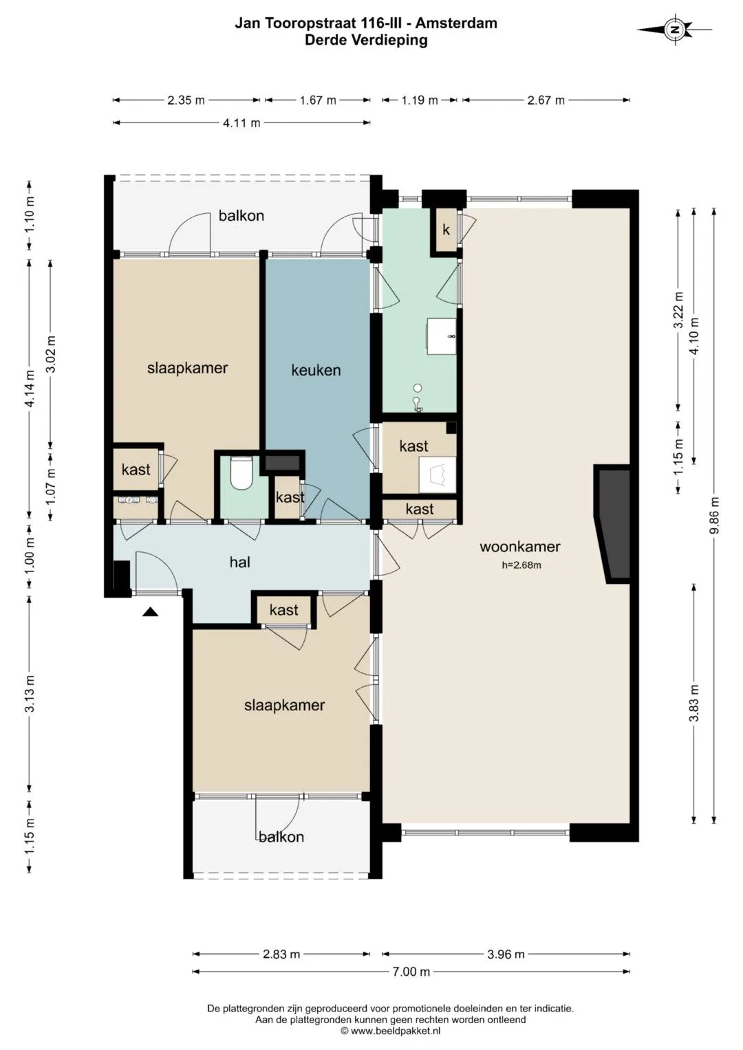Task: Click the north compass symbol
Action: pyautogui.click(x=674, y=30)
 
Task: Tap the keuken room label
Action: pyautogui.click(x=316, y=371)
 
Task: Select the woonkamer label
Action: pyautogui.click(x=519, y=547)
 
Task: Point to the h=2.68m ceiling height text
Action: pyautogui.click(x=521, y=565)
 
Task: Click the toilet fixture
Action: pyautogui.click(x=242, y=474)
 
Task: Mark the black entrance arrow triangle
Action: pyautogui.click(x=150, y=611)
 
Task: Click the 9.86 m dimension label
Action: pyautogui.click(x=714, y=515)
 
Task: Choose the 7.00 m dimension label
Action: pyautogui.click(x=411, y=971)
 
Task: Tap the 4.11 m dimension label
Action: pyautogui.click(x=241, y=123)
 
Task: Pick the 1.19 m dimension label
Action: pyautogui.click(x=420, y=100)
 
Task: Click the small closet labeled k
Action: pyautogui.click(x=446, y=230)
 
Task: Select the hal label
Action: pyautogui.click(x=239, y=562)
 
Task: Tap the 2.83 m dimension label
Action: pyautogui.click(x=281, y=954)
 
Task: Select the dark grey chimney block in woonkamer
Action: pyautogui.click(x=612, y=523)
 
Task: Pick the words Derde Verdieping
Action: pyautogui.click(x=366, y=40)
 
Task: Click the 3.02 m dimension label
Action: pyautogui.click(x=51, y=354)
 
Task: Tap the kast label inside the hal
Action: pyautogui.click(x=283, y=610)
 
